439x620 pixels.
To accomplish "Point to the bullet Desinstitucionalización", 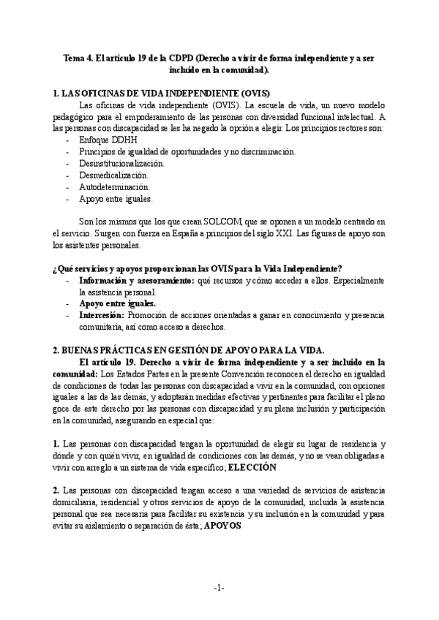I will pyautogui.click(x=122, y=163).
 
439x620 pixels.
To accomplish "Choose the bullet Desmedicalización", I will pyautogui.click(x=113, y=175).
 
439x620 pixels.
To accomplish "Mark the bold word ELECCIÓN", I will pyautogui.click(x=252, y=466).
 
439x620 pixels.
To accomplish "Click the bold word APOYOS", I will pyautogui.click(x=222, y=524).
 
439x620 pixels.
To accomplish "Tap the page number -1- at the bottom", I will pyautogui.click(x=219, y=589).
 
